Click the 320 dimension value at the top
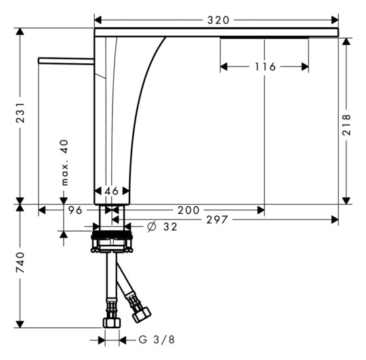tap(217, 20)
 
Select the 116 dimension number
tap(265, 66)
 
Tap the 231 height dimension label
tap(21, 116)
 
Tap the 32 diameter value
tap(169, 227)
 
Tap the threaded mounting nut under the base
tap(111, 241)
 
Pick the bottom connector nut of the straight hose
tap(111, 323)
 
